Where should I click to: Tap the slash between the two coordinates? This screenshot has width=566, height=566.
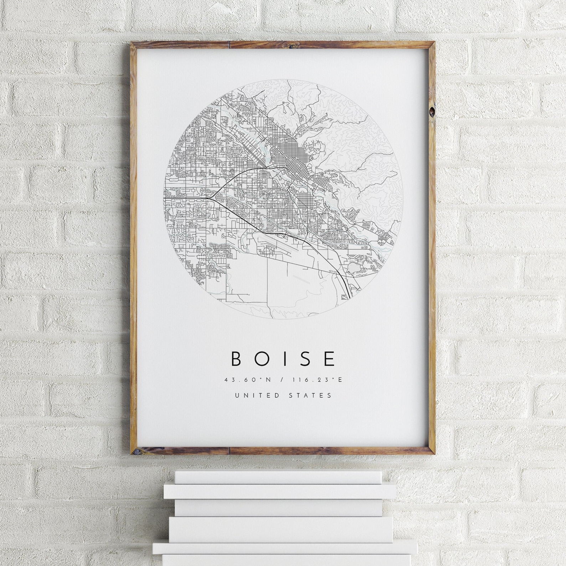coord(282,380)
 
